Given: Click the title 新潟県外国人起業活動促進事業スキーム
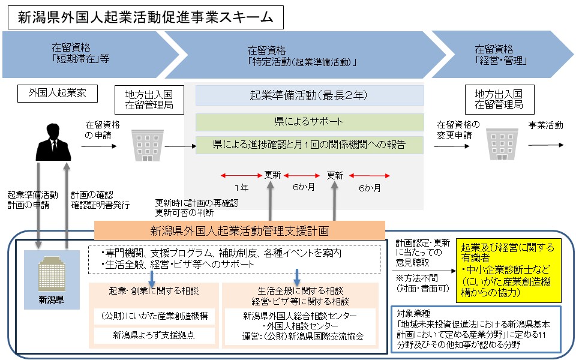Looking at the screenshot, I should (140, 17).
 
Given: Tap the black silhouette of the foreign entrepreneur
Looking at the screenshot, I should (53, 140).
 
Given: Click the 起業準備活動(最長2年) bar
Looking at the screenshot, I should (309, 95).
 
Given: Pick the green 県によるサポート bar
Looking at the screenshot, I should (309, 122).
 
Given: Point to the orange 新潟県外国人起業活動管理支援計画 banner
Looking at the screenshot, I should (239, 230).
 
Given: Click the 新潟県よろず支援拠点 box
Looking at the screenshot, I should (154, 335).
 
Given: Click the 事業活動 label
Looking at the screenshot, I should (545, 125).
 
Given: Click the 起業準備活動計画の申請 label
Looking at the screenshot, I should (32, 200).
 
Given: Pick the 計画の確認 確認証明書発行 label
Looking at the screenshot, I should (99, 200).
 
